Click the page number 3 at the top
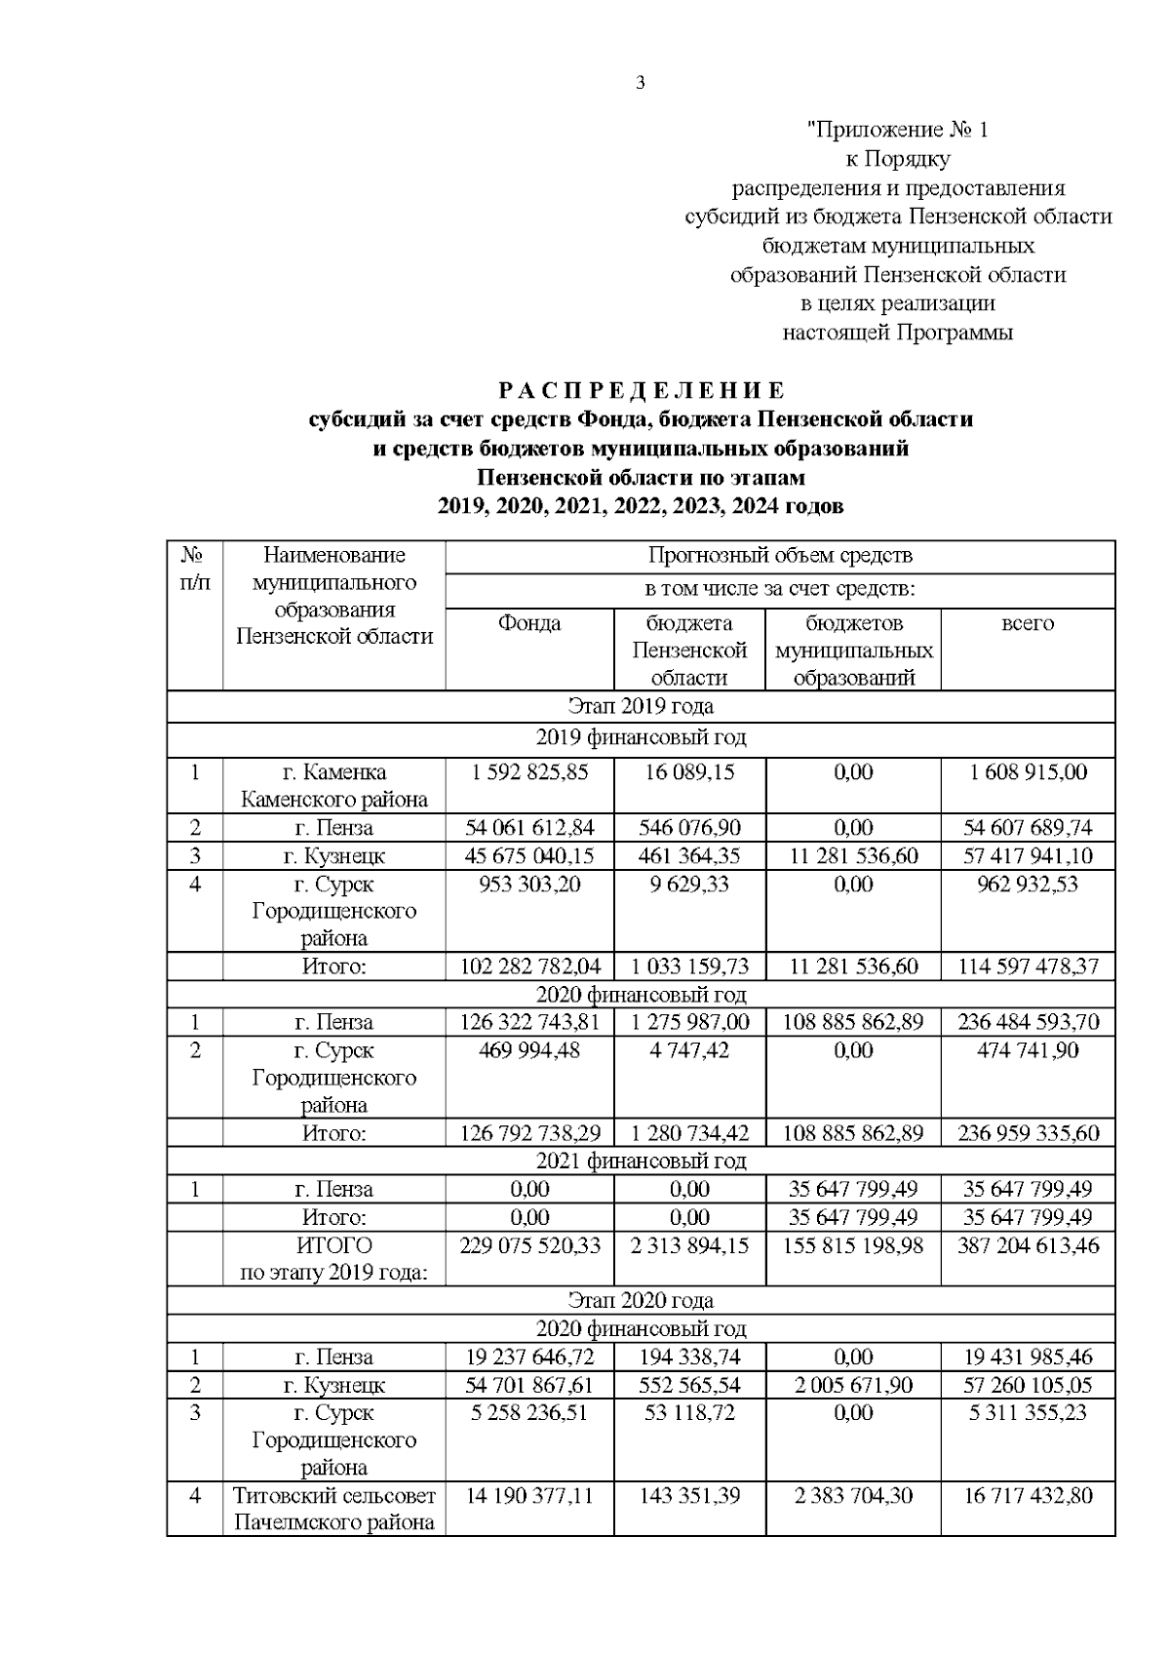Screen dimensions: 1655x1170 coord(641,84)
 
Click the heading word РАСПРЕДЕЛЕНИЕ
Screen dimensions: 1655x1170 coord(641,391)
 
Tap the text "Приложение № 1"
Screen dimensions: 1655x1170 coord(897,129)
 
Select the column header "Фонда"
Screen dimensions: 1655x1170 coord(529,623)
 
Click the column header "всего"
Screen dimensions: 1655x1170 coord(1027,623)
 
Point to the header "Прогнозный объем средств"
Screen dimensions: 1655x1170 coord(780,556)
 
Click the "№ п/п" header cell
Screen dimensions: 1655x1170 coord(195,569)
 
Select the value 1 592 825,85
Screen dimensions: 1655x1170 coord(529,772)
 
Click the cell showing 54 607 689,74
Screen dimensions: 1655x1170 coord(1027,828)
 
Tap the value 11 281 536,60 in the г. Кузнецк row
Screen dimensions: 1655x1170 coord(853,856)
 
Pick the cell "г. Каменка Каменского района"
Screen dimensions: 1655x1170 coord(333,786)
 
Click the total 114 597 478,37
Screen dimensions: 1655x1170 coord(1027,966)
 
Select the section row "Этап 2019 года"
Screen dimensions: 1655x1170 coord(641,705)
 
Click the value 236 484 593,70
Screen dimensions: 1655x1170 coord(1027,1022)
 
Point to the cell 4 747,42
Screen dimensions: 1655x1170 coord(689,1050)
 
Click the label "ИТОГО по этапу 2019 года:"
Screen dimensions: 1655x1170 coord(333,1259)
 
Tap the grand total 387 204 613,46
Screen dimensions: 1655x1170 coord(1027,1245)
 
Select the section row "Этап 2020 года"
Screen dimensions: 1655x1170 coord(641,1300)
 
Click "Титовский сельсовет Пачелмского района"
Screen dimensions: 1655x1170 coord(333,1509)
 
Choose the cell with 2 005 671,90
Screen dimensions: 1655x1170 coord(853,1385)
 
